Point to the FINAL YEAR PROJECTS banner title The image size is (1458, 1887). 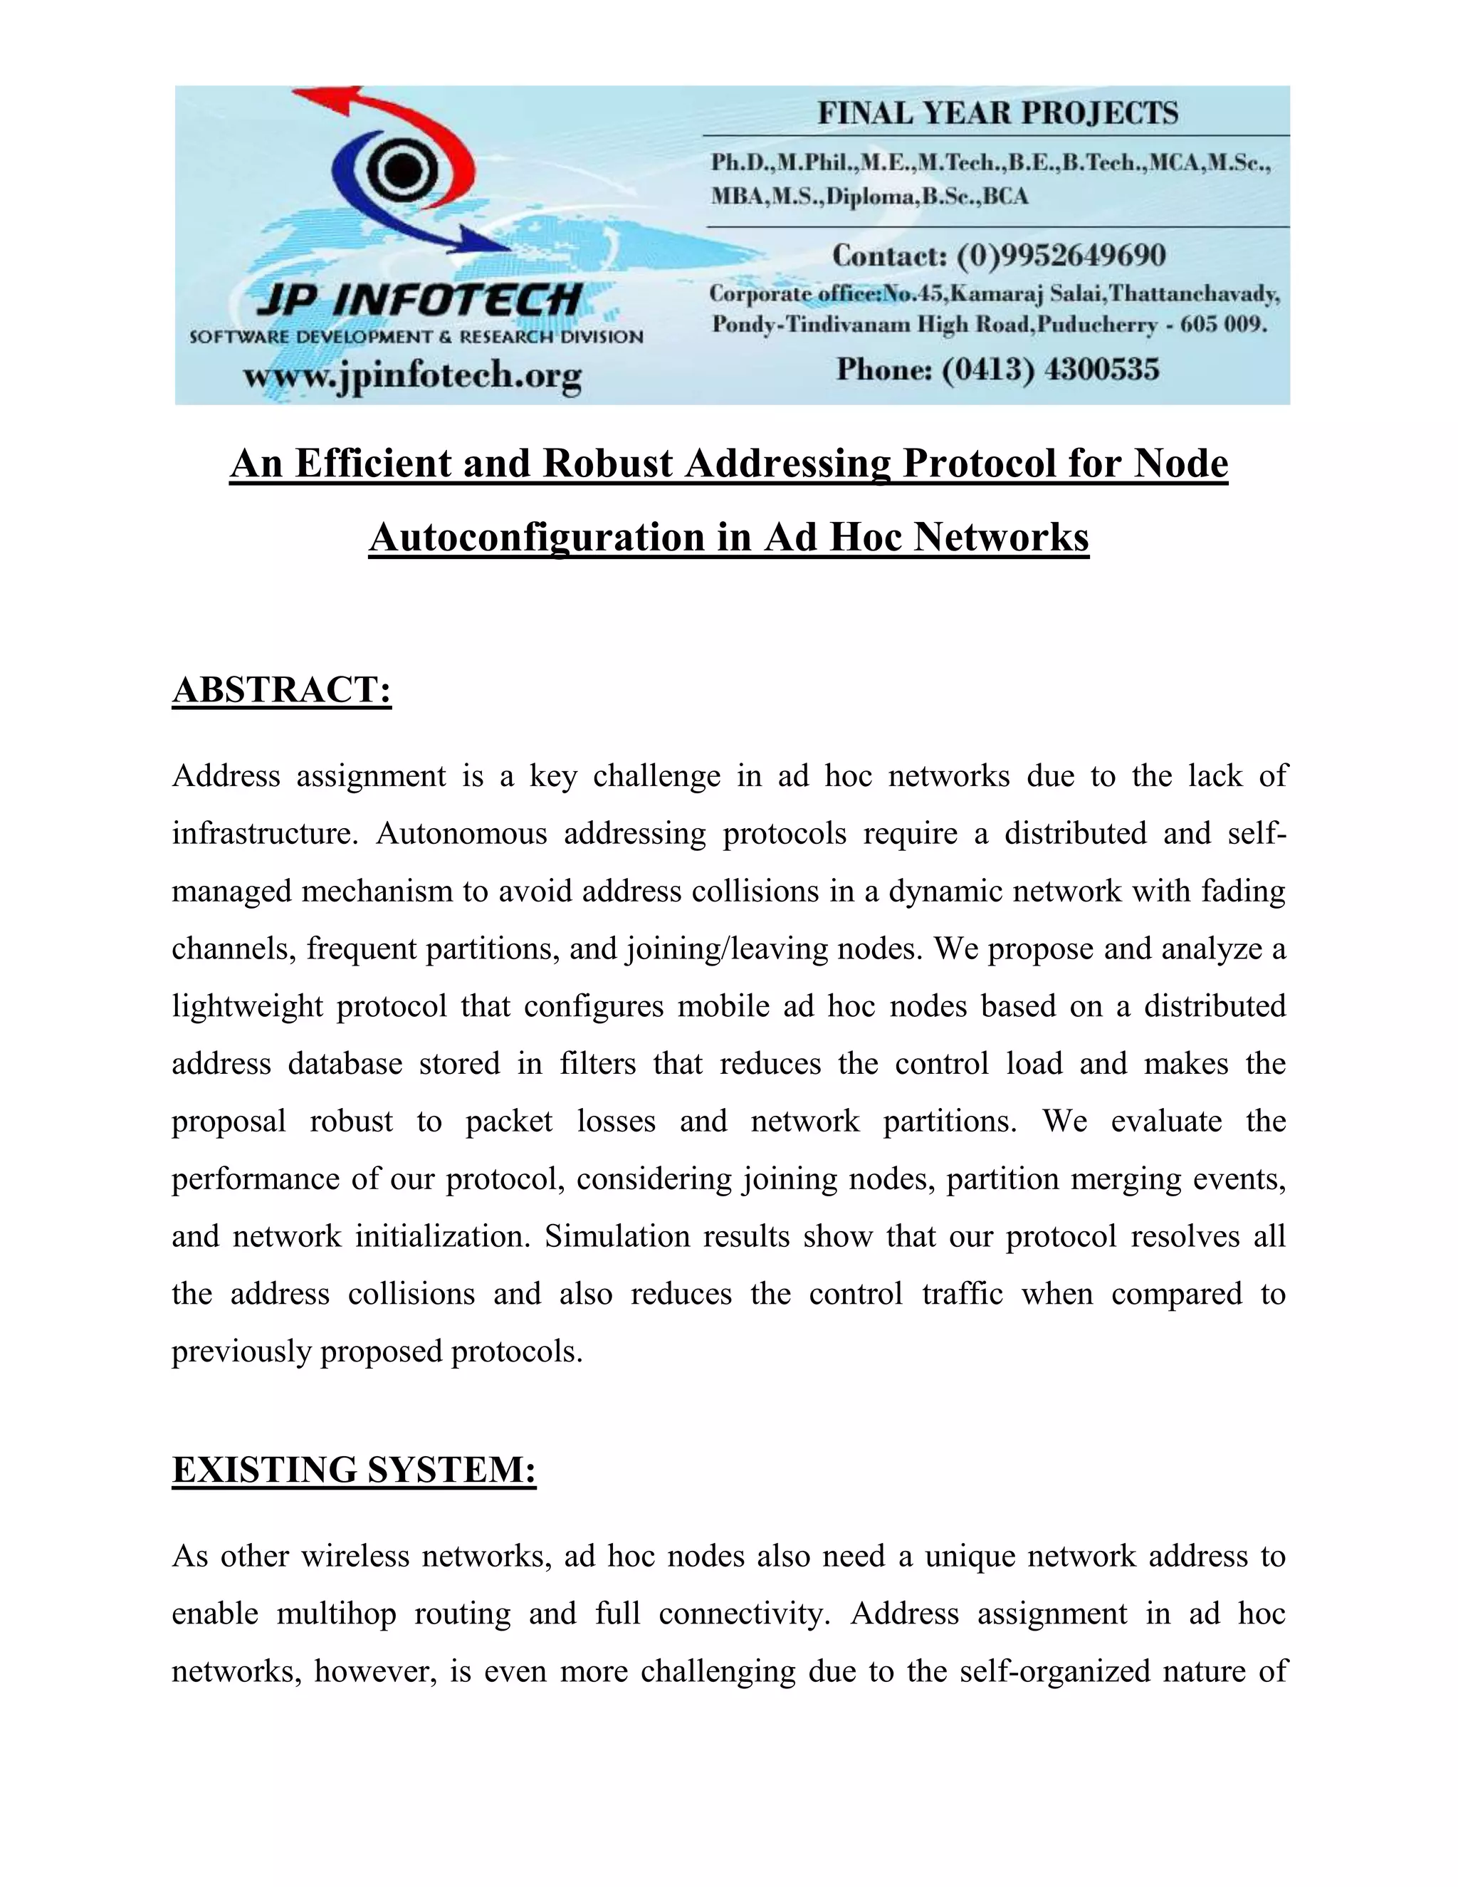click(x=997, y=113)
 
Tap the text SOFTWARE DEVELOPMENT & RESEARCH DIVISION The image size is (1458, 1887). click(x=416, y=337)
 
